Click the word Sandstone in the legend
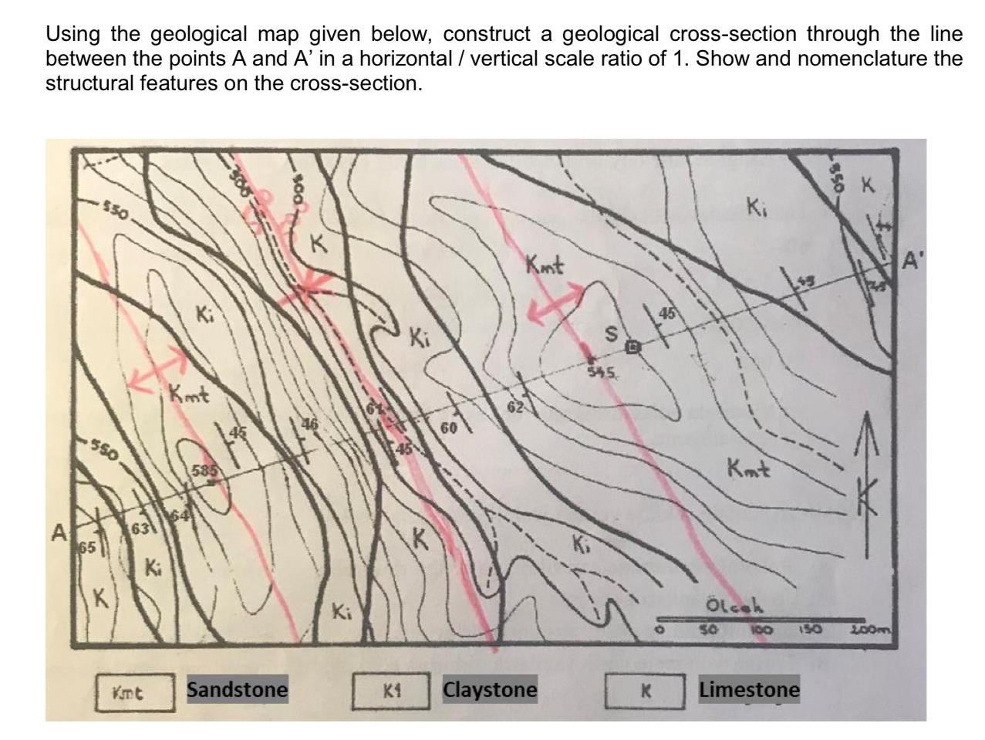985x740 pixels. tap(237, 689)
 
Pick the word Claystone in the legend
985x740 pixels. tap(490, 689)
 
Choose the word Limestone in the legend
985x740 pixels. tap(749, 689)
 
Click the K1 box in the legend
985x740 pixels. tap(391, 691)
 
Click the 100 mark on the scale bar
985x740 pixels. tap(764, 630)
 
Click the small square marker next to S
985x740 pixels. tap(632, 348)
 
